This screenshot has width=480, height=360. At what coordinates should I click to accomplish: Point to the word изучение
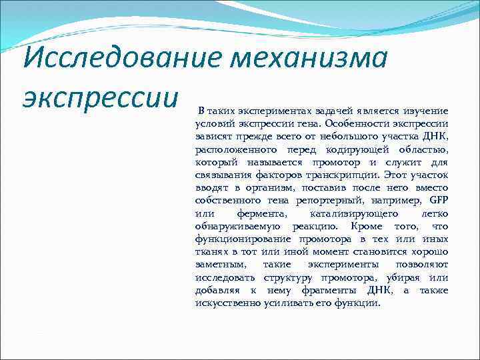424,110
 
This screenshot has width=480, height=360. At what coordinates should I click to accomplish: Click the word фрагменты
323,291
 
